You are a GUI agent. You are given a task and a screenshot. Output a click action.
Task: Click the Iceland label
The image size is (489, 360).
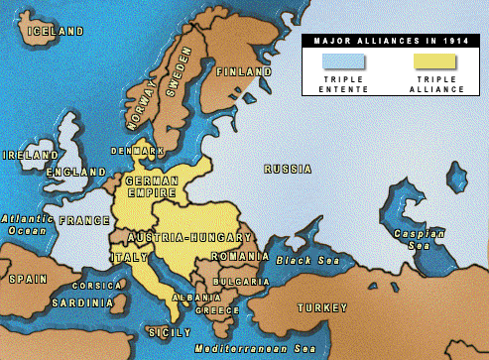click(x=57, y=31)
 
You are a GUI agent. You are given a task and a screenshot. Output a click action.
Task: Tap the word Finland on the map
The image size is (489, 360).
click(x=243, y=72)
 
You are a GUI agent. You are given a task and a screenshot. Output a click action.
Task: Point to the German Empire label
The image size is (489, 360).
click(x=152, y=187)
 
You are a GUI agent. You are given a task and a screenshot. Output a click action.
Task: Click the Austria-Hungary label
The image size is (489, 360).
click(x=189, y=237)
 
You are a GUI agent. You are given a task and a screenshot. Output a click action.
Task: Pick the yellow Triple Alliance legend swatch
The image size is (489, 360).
click(x=431, y=61)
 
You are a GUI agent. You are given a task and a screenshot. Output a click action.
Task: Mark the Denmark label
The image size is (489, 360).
click(x=138, y=151)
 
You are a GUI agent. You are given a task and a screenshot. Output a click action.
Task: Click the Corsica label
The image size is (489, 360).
click(x=103, y=286)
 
